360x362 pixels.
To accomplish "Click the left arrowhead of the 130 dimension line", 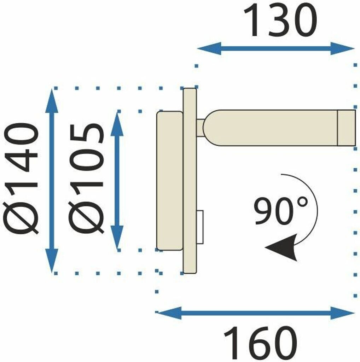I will coord(209,48).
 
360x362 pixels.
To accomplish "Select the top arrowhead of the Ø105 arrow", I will coord(117,122).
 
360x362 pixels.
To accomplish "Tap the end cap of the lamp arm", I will coord(346,127).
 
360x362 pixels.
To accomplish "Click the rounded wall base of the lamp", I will coord(170,181).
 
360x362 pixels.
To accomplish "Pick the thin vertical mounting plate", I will coord(190,181).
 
